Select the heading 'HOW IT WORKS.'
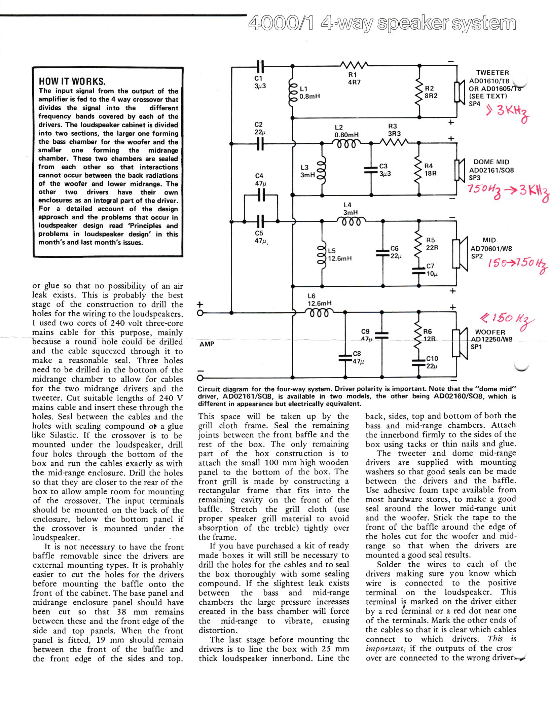(x=72, y=81)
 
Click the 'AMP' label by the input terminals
(x=207, y=344)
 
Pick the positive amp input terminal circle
(x=200, y=313)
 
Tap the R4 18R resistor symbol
(x=419, y=170)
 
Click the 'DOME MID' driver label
(x=491, y=162)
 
